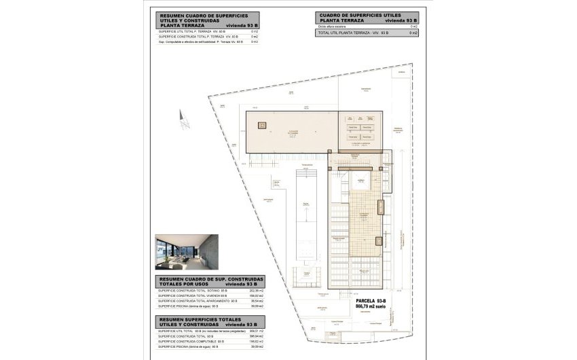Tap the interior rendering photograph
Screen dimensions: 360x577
click(x=184, y=252)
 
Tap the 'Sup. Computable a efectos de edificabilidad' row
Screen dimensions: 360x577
click(x=200, y=41)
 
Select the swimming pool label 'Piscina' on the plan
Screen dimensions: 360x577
click(x=306, y=203)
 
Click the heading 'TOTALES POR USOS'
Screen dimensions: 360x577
click(x=184, y=283)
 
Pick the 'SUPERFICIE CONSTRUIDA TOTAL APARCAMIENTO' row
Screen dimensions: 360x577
click(x=198, y=301)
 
